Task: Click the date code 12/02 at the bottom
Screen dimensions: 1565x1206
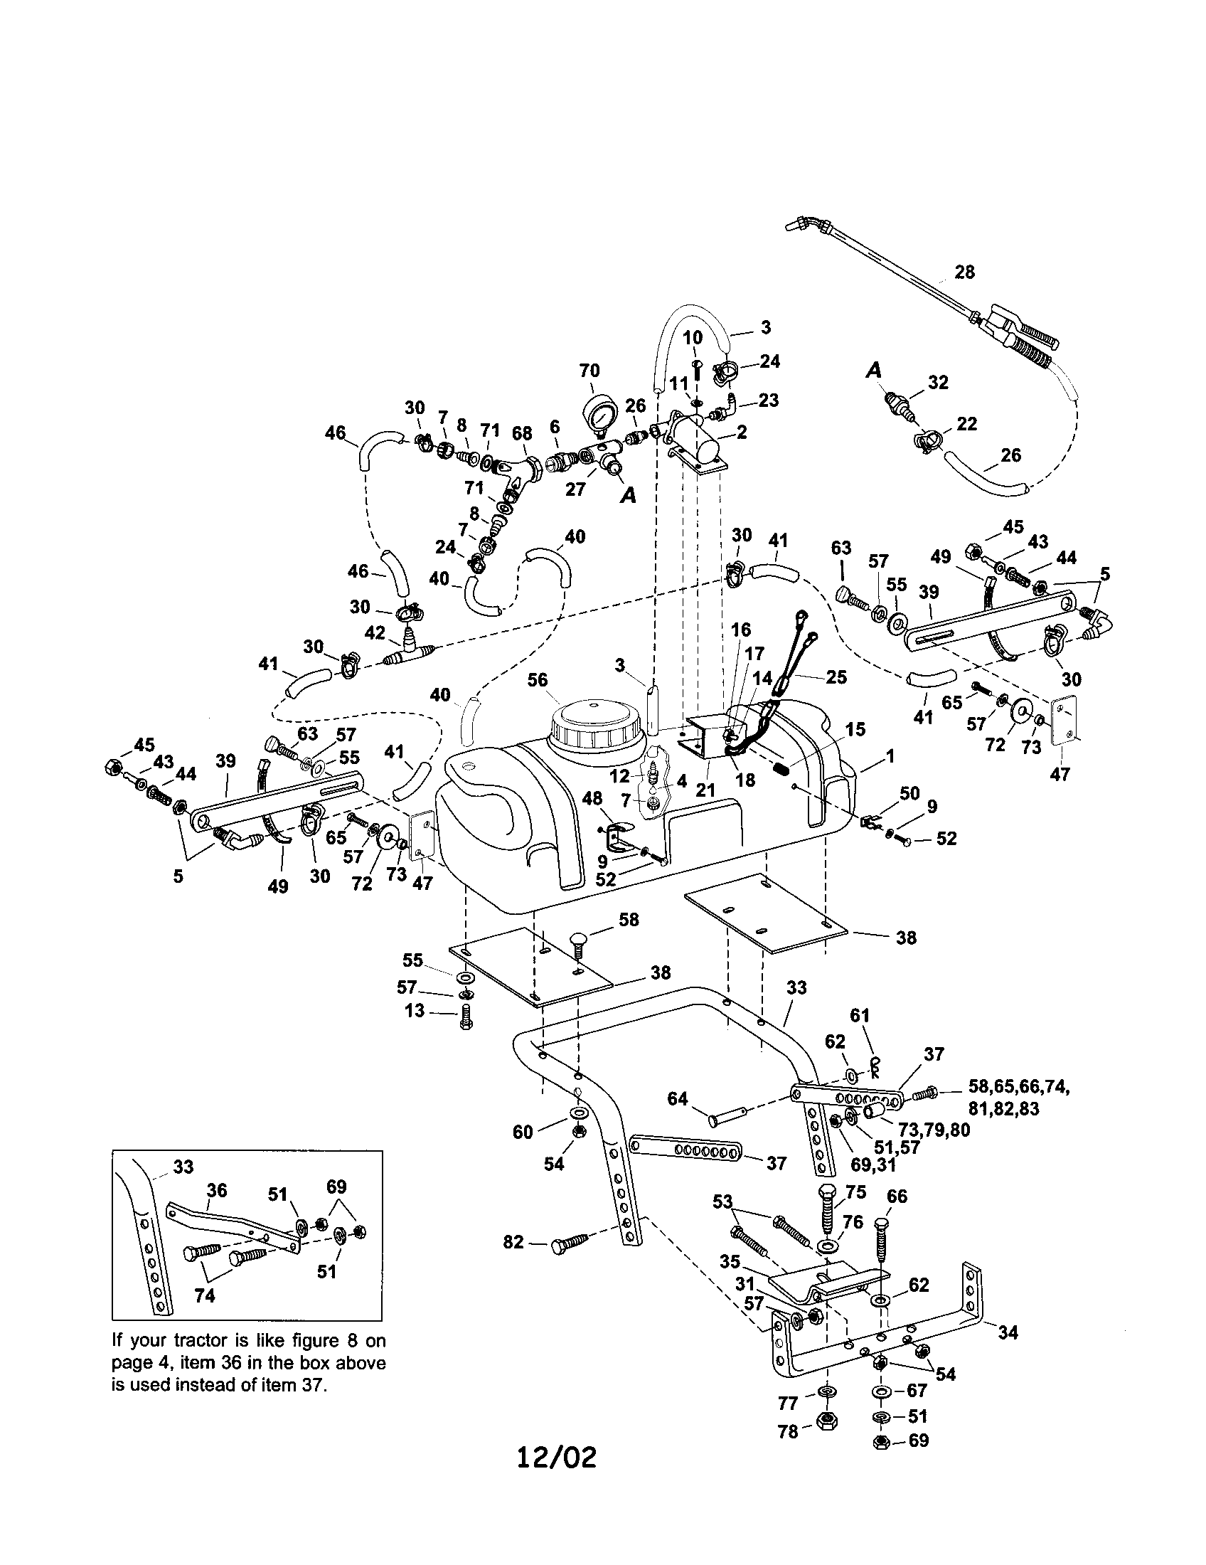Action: [557, 1457]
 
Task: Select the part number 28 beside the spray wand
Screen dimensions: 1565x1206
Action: [965, 272]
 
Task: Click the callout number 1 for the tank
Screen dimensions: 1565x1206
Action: [890, 755]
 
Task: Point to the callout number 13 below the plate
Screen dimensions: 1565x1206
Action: [415, 1011]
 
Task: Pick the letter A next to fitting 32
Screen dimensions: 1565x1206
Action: [874, 371]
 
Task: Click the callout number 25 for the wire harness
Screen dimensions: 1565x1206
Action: [836, 677]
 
